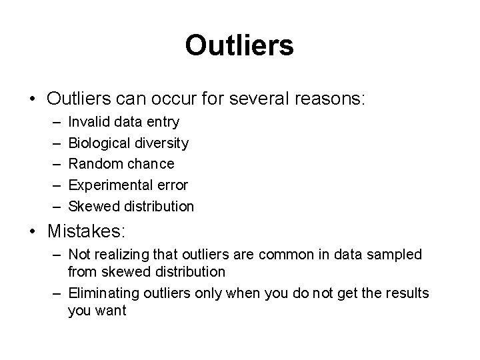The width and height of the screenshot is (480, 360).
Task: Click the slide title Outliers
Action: coord(239,45)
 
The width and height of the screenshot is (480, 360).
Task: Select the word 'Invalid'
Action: coord(89,123)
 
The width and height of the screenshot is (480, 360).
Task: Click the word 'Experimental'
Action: coord(106,185)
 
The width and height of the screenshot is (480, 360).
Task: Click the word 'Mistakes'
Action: coord(85,232)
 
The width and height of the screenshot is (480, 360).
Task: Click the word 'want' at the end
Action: coord(111,310)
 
